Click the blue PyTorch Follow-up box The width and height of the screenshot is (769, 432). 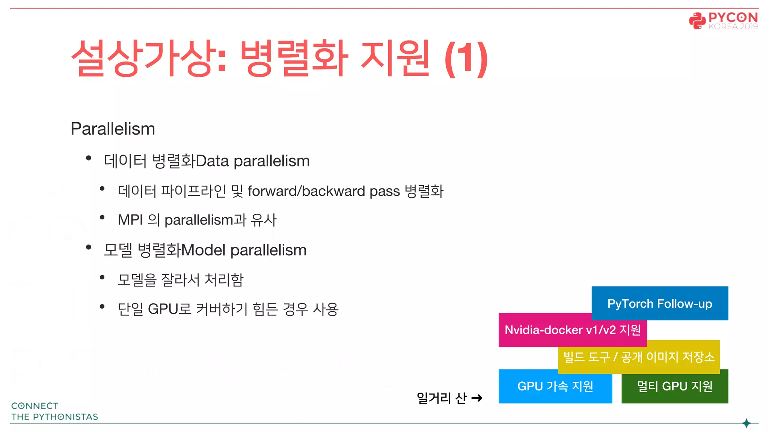[x=660, y=303]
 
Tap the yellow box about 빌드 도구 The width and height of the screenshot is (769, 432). [x=639, y=357]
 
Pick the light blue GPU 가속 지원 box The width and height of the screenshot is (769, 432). [x=555, y=386]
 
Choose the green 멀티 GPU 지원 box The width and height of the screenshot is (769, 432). [x=675, y=386]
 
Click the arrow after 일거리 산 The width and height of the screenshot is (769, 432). [x=477, y=398]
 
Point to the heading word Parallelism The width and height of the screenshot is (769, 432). [x=113, y=129]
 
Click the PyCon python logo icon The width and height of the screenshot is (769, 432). [x=697, y=21]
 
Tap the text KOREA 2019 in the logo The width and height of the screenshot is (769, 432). [x=733, y=27]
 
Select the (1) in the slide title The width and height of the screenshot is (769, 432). [x=466, y=59]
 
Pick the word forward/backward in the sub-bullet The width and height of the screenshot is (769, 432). [x=306, y=191]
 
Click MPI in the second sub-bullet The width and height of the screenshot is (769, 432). [x=130, y=220]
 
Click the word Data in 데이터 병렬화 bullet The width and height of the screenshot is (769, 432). [x=213, y=161]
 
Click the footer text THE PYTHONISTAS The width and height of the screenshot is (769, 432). [x=55, y=417]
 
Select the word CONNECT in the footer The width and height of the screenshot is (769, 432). [x=35, y=406]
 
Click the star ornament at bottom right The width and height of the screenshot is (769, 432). [x=746, y=423]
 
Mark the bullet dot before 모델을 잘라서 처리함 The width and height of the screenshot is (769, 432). [x=102, y=277]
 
